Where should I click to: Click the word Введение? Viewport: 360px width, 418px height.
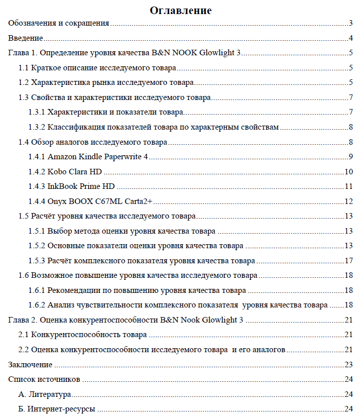point(25,38)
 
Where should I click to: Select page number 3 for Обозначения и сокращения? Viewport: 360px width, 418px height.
point(351,23)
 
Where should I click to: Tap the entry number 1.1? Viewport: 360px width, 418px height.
point(24,68)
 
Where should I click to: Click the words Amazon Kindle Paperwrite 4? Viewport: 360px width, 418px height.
point(98,157)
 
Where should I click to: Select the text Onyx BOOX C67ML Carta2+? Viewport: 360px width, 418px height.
point(100,201)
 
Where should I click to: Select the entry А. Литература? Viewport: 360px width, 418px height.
point(44,394)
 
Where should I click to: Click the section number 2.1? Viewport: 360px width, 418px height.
point(24,335)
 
